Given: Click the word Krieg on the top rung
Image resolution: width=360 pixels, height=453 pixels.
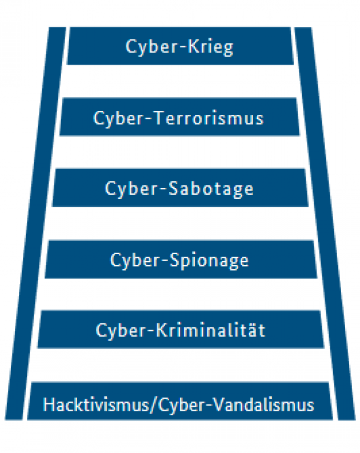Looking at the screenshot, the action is [210, 47].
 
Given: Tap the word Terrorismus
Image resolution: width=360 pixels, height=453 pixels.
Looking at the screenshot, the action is [210, 118].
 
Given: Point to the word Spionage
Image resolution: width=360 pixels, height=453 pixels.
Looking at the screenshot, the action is [209, 261].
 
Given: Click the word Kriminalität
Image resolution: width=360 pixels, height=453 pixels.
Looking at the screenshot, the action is [211, 330].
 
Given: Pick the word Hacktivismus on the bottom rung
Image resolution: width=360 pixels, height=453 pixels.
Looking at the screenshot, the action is [96, 404].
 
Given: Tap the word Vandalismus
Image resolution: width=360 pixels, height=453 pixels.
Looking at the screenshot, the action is [264, 404].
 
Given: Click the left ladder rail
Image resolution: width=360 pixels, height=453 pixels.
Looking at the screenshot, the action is [36, 223].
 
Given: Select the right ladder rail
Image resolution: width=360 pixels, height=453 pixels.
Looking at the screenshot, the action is [325, 223].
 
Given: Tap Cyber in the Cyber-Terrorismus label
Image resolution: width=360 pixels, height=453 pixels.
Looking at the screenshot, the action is [119, 118].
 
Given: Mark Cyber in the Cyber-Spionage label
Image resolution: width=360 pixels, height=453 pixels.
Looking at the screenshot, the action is [136, 261].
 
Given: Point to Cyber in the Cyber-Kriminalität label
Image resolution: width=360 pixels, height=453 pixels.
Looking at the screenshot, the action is [121, 331].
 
